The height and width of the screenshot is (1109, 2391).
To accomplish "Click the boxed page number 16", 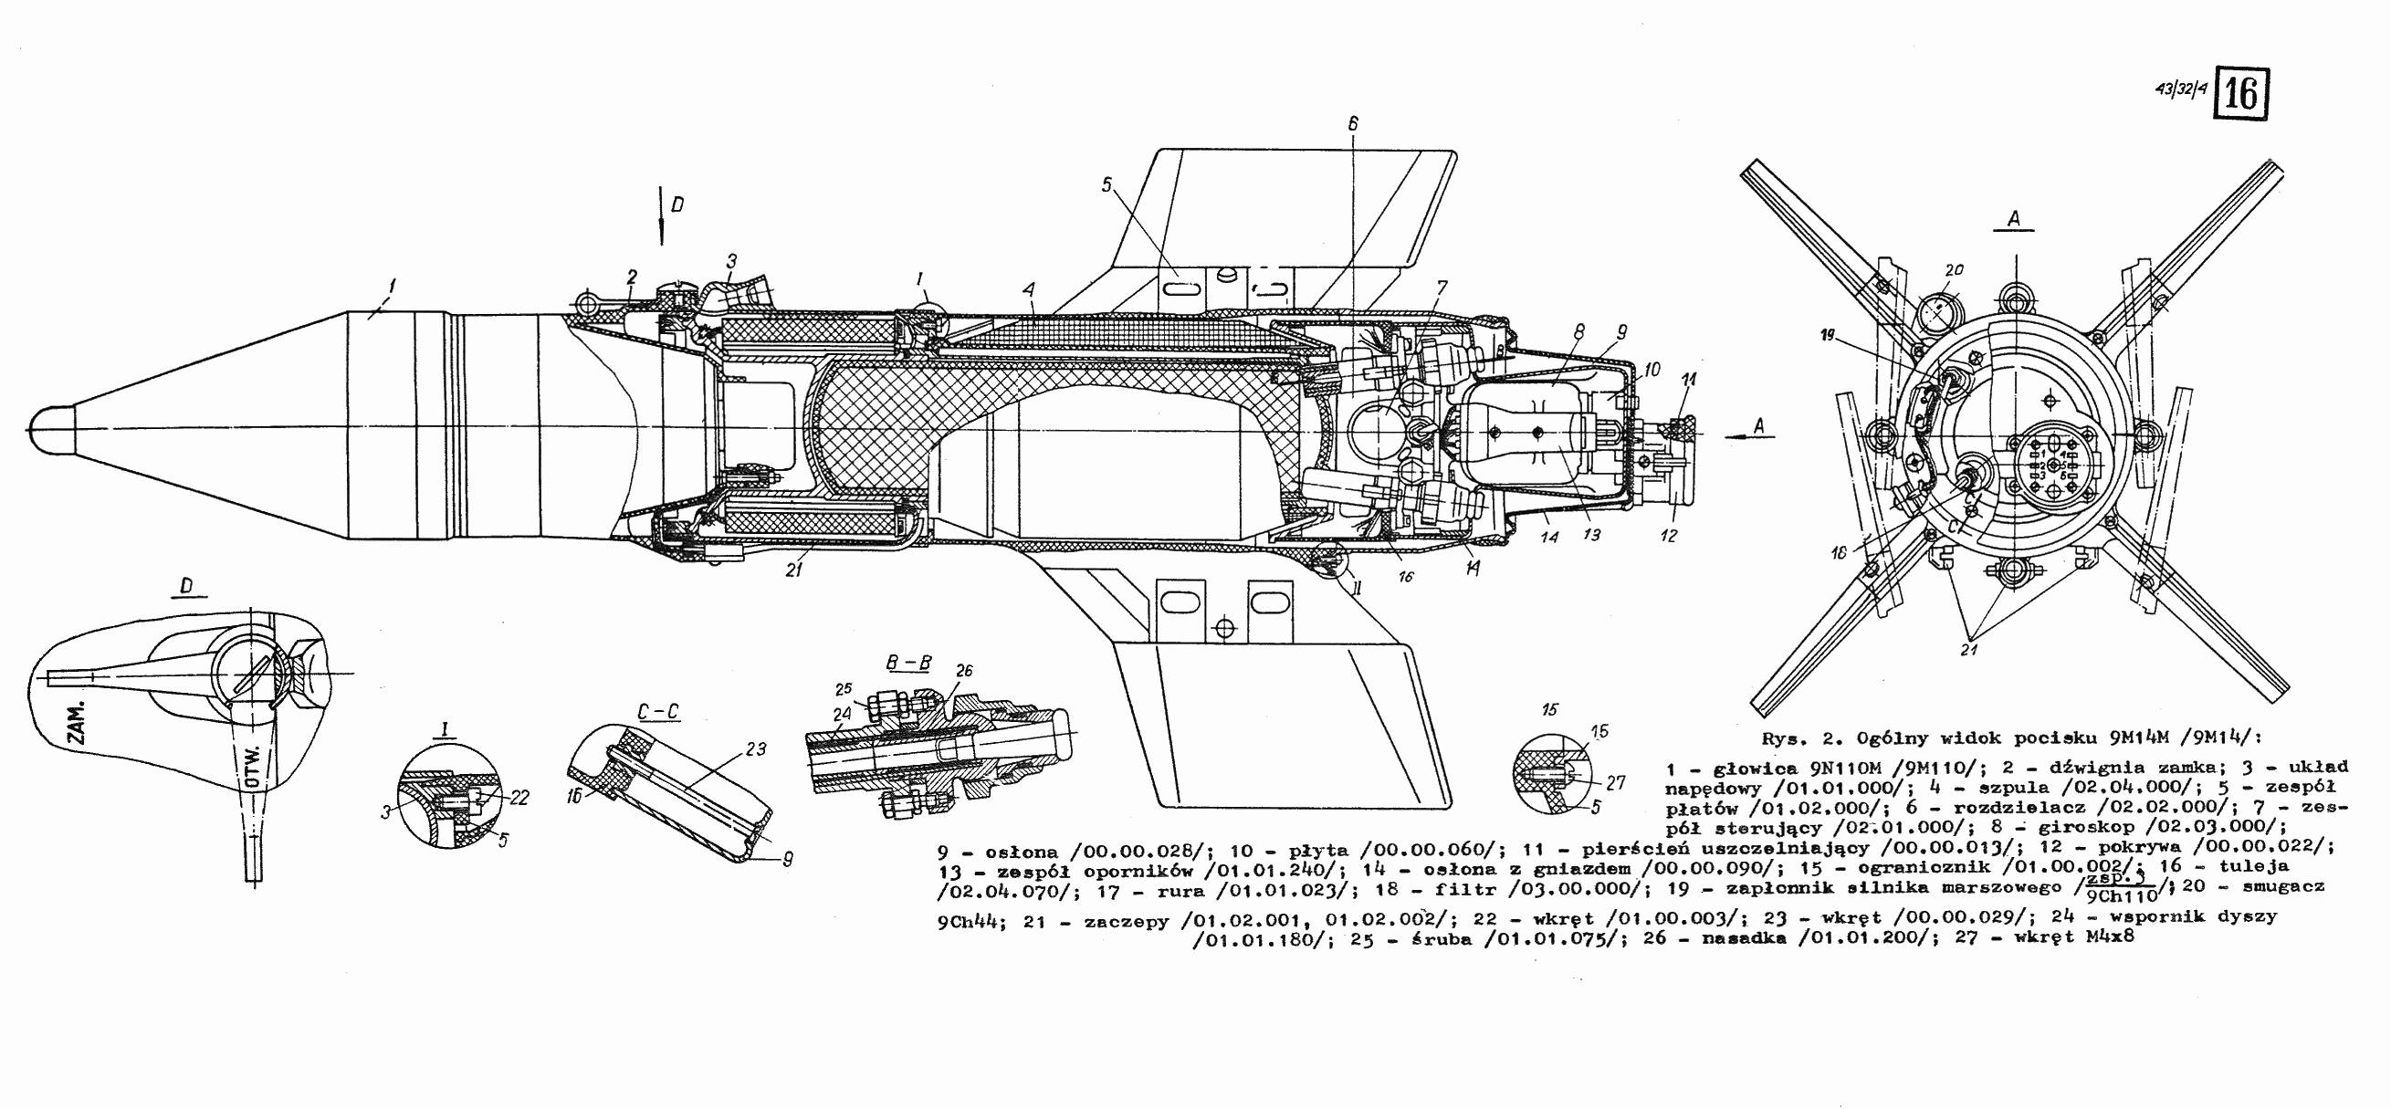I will click(2241, 95).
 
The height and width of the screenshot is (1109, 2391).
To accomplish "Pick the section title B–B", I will click(908, 664).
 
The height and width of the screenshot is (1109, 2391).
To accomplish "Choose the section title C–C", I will click(659, 712).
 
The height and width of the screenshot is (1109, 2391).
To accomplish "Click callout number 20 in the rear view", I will click(1955, 270).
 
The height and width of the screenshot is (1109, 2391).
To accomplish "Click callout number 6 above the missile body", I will click(1353, 123).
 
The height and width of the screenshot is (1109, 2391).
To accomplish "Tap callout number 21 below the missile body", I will click(792, 570).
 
